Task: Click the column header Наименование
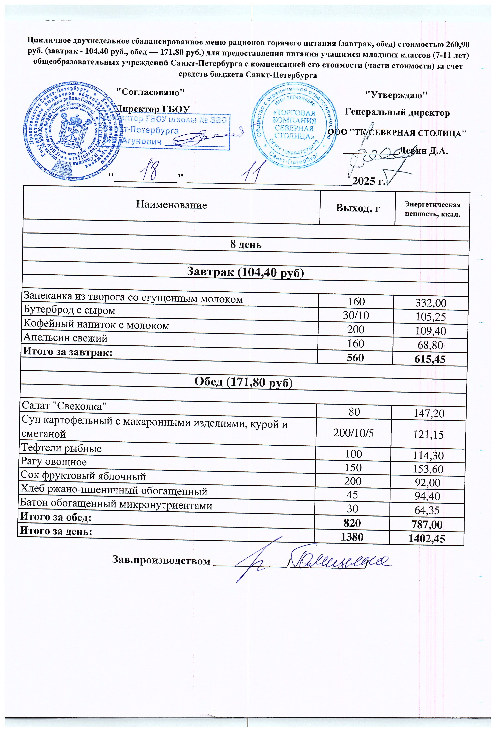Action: tap(171, 205)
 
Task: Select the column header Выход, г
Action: tap(357, 208)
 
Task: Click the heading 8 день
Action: tap(246, 245)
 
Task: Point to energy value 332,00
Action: tap(431, 303)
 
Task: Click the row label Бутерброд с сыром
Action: tap(69, 310)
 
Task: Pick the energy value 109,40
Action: tap(431, 331)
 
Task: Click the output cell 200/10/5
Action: tap(354, 433)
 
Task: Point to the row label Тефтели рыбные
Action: tap(61, 448)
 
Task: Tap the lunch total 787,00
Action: tap(427, 525)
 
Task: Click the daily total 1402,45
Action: tap(427, 539)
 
